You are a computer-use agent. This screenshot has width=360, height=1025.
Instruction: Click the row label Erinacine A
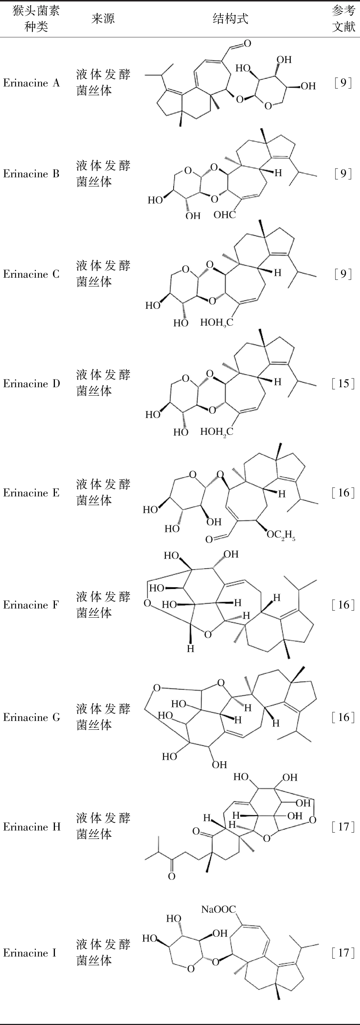(31, 83)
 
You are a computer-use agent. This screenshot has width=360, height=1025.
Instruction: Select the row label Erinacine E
(31, 493)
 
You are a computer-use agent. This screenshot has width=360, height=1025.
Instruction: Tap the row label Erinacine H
(32, 827)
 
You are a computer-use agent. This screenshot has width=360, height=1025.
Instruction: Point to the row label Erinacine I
(30, 952)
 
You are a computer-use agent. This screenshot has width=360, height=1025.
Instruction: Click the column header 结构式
(230, 19)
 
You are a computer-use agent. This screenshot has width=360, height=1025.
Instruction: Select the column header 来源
(103, 19)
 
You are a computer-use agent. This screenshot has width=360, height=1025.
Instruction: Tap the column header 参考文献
(343, 19)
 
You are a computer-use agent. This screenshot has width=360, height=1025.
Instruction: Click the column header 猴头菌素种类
(36, 19)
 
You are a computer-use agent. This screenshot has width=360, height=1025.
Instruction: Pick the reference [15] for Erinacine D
(343, 384)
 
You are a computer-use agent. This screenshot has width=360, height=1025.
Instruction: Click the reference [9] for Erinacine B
(343, 174)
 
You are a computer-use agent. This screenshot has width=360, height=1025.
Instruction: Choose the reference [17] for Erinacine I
(343, 952)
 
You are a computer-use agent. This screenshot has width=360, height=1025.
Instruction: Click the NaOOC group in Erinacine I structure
(218, 909)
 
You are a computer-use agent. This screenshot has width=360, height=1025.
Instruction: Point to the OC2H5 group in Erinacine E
(281, 535)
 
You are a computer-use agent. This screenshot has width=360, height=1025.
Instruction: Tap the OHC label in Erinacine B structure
(225, 215)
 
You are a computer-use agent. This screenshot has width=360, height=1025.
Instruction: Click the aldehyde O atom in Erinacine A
(248, 43)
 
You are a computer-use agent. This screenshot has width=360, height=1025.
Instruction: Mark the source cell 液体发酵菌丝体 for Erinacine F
(103, 604)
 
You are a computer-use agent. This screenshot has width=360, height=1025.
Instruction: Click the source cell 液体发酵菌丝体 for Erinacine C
(103, 274)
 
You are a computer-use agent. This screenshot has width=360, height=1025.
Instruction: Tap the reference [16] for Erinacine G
(343, 717)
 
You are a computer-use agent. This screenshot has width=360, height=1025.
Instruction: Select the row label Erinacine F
(31, 605)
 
